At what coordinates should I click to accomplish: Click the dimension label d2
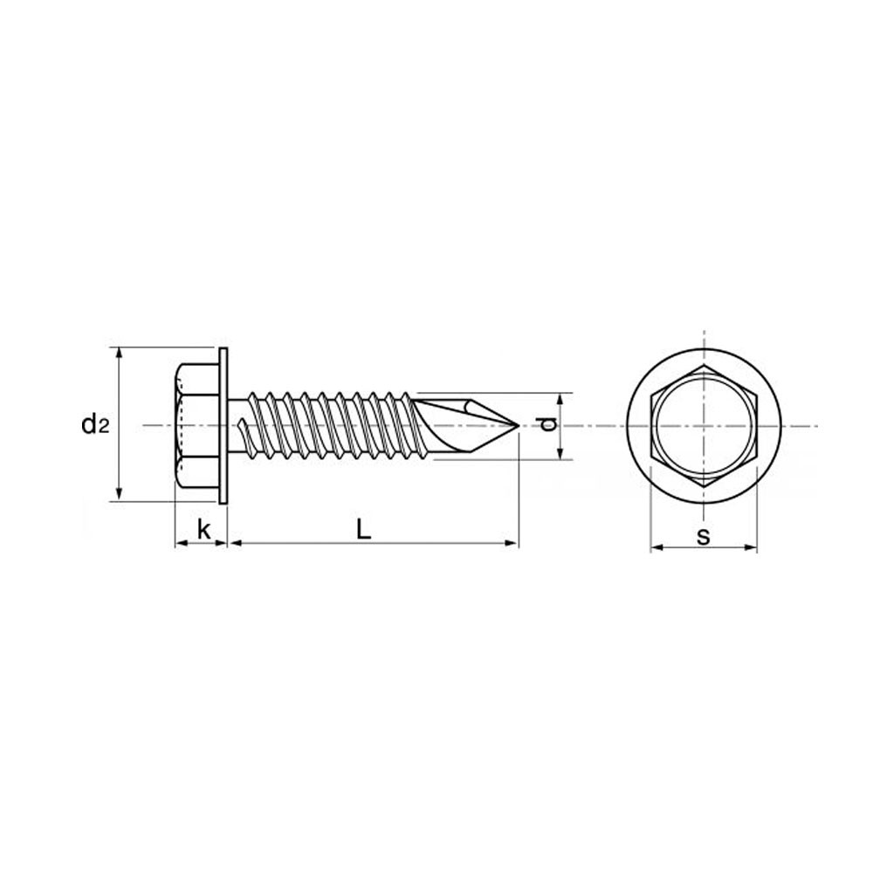(x=94, y=425)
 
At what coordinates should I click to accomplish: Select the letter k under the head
(x=203, y=529)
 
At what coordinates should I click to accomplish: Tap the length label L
(x=363, y=529)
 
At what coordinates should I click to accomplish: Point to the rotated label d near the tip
(x=548, y=424)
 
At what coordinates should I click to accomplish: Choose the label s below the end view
(x=704, y=536)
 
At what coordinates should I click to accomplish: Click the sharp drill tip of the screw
(x=519, y=426)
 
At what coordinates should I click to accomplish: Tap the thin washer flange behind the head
(x=223, y=427)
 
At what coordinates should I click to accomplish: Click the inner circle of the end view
(x=704, y=427)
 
